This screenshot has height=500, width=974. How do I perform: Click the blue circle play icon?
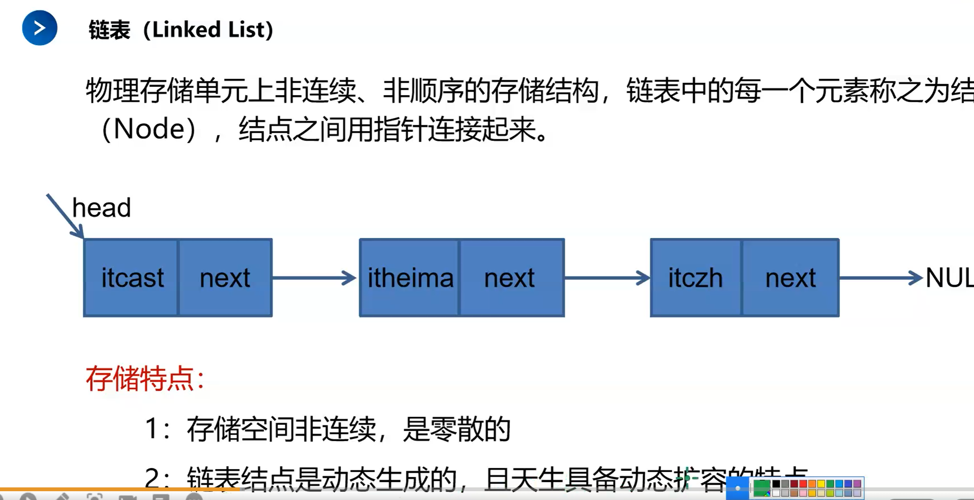click(x=40, y=28)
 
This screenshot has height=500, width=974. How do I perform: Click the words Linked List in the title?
click(x=213, y=29)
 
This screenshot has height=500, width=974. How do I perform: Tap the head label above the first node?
click(x=101, y=207)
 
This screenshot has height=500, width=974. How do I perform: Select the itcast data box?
click(x=132, y=278)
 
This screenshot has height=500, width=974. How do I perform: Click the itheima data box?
click(x=410, y=278)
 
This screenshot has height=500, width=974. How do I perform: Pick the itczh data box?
click(x=696, y=278)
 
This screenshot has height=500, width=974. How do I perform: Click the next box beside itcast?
click(x=225, y=278)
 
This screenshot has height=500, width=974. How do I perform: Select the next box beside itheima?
click(x=510, y=278)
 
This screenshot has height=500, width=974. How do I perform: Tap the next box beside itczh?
click(x=790, y=278)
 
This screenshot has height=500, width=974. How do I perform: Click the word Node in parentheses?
click(x=149, y=129)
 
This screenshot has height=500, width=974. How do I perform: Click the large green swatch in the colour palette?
click(x=761, y=487)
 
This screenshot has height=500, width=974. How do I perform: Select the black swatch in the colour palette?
click(x=776, y=484)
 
